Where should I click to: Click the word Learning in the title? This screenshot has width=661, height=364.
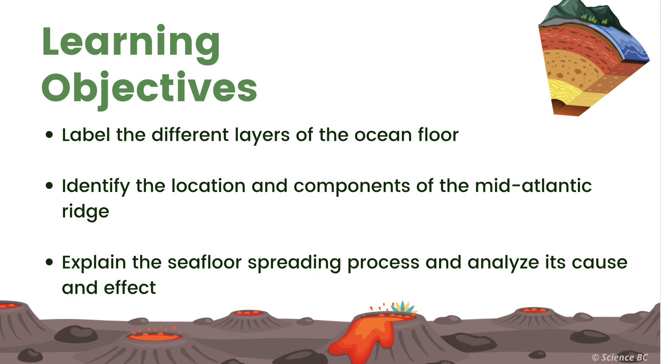tap(131, 44)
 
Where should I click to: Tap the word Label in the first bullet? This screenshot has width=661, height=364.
tap(86, 135)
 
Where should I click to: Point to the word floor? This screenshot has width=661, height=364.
tap(438, 135)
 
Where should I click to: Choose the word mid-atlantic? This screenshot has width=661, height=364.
tap(533, 186)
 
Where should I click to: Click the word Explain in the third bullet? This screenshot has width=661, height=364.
tap(94, 263)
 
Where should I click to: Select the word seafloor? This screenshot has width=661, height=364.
tap(204, 262)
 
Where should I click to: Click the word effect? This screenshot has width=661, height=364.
tap(130, 288)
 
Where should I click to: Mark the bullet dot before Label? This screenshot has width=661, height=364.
tap(49, 135)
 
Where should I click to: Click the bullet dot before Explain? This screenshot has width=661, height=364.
tap(49, 262)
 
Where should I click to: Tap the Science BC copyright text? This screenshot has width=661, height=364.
tap(619, 357)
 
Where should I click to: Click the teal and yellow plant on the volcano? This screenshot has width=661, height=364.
tap(403, 307)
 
